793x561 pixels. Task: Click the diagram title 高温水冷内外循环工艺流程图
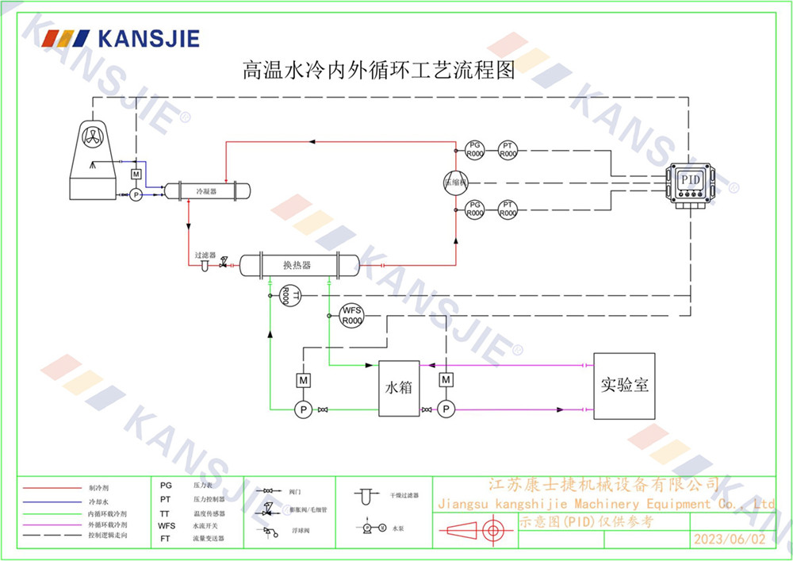(378, 70)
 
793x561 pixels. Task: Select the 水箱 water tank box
(399, 389)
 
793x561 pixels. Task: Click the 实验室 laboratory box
(624, 386)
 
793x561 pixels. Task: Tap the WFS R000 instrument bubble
(351, 315)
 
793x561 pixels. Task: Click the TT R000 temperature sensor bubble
(290, 295)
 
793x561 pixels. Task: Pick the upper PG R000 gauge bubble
(474, 148)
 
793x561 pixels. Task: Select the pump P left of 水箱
(302, 409)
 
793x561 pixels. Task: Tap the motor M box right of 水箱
(446, 380)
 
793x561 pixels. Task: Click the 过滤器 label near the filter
(205, 256)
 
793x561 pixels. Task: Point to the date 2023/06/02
(730, 540)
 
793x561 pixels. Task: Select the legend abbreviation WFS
(167, 525)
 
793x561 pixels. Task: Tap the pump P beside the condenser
(136, 194)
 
